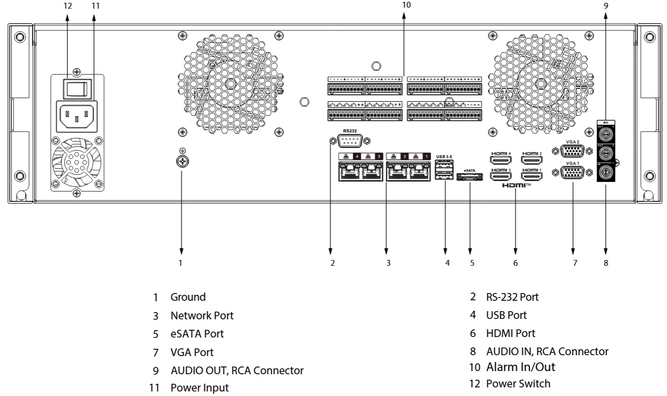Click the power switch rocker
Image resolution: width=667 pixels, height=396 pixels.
point(77,88)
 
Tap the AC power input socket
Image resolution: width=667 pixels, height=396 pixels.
point(77,116)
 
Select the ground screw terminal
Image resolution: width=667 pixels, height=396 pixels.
point(182,161)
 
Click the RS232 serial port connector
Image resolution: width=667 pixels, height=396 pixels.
point(350,141)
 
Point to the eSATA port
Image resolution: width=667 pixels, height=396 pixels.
point(469,177)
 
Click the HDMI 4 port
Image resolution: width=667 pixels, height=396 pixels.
point(500,160)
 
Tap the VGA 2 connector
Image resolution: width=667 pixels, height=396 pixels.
point(572,151)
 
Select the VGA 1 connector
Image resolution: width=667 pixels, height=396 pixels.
point(572,172)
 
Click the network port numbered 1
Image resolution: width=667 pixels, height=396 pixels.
point(419,172)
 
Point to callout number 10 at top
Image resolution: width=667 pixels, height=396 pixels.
point(406,5)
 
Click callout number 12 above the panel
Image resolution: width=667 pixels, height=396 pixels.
point(68,6)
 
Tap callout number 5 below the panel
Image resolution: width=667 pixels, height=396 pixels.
point(472,263)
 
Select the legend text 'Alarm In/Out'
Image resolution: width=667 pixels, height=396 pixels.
point(521,367)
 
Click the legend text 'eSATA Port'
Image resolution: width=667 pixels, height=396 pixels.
point(197,334)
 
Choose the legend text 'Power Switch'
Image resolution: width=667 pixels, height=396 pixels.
point(518,384)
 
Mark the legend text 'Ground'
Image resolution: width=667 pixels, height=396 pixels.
point(188,297)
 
